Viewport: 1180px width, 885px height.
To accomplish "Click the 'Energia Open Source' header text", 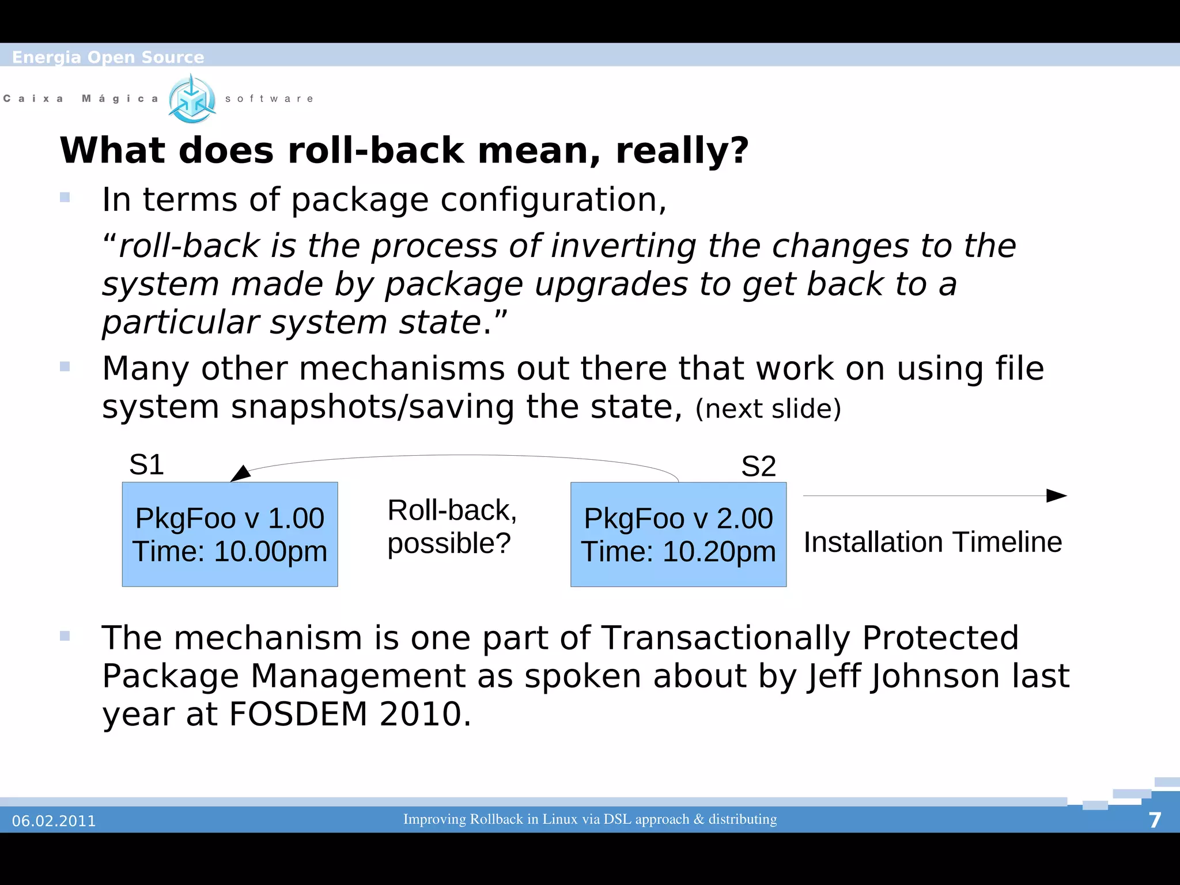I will pos(108,57).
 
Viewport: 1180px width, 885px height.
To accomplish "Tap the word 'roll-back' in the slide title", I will pos(376,151).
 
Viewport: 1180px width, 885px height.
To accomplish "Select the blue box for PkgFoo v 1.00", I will pos(229,534).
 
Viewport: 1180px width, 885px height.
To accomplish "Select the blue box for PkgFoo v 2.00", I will pos(678,534).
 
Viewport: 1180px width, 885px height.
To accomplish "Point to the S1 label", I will pos(146,464).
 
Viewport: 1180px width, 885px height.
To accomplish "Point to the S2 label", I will pos(758,466).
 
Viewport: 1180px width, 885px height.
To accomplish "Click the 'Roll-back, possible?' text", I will pos(452,527).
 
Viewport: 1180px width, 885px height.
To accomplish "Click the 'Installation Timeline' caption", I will pos(932,542).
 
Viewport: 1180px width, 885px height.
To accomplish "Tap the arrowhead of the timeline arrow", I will pos(1057,496).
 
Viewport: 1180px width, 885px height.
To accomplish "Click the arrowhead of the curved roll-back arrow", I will pos(240,474).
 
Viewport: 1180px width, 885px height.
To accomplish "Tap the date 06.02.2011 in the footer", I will pos(54,820).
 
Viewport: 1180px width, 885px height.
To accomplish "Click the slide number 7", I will pos(1155,820).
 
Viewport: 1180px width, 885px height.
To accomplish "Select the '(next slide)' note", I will pos(768,409).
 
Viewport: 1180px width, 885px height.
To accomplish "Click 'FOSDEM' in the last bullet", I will pos(298,714).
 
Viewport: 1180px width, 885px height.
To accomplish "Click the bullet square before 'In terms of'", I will pos(65,198).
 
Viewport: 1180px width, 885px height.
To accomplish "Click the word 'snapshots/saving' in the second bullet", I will pos(373,407).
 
